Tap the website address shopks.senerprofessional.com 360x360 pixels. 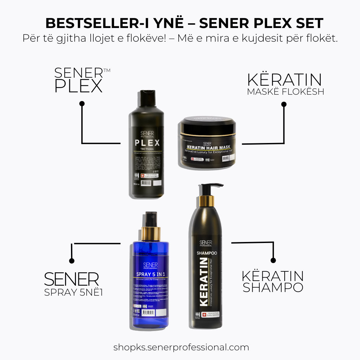tap(181, 347)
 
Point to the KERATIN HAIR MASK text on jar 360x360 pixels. tap(209, 147)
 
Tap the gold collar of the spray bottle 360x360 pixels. tap(151, 233)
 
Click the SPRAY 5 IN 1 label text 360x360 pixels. tap(151, 274)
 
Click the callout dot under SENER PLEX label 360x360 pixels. tap(82, 104)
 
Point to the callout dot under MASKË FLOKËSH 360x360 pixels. tap(284, 104)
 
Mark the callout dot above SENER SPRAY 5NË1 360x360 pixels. tap(71, 261)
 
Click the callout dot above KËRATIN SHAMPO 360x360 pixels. tap(273, 260)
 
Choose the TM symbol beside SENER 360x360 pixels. tap(107, 70)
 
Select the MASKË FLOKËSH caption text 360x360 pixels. tap(285, 92)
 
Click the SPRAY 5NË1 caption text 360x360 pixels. tap(73, 292)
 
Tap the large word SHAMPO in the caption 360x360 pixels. tap(273, 287)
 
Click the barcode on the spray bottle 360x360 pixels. tap(148, 313)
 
